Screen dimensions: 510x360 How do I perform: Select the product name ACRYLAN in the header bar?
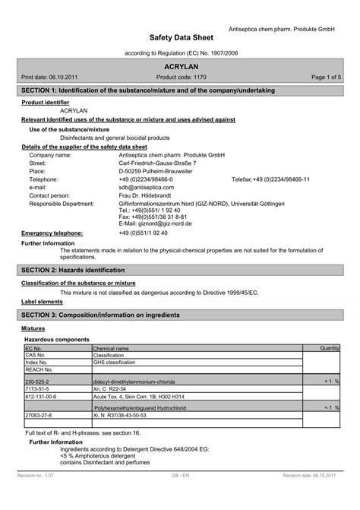[x=180, y=67]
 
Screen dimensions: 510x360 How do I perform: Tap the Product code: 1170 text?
[x=180, y=78]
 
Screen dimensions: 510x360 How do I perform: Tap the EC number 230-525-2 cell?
[x=37, y=382]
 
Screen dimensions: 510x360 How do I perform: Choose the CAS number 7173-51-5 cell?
[x=36, y=389]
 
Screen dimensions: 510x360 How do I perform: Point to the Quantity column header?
[x=329, y=348]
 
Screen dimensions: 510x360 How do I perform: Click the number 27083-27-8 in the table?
[x=37, y=416]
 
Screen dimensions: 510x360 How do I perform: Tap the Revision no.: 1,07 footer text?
[x=36, y=495]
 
